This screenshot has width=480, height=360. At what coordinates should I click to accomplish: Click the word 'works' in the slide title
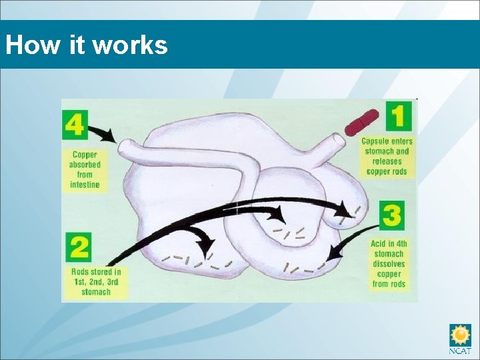pos(130,45)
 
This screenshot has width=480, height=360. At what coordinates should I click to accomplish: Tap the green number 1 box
pos(397,115)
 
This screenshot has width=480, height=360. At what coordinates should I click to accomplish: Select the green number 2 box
pos(79,247)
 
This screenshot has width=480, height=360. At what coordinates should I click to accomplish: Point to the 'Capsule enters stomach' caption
pos(387,156)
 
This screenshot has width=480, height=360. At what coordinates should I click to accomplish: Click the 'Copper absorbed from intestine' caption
pos(85,169)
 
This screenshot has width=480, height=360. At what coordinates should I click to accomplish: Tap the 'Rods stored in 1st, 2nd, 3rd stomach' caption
pos(96,281)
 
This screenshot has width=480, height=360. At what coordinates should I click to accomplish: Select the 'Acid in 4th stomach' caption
pos(389,264)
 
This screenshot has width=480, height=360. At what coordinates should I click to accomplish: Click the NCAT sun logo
pos(460,335)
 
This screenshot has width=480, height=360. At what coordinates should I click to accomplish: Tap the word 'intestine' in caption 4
pos(85,184)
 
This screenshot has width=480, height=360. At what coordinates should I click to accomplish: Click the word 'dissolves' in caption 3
pos(389,264)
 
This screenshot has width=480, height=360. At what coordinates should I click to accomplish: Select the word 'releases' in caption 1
pos(387,161)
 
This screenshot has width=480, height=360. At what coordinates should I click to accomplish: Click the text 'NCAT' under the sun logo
pos(460,351)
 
